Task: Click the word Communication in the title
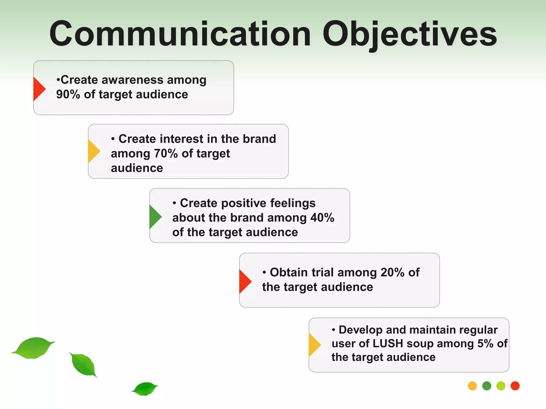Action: click(x=180, y=34)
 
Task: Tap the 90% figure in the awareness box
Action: click(x=68, y=95)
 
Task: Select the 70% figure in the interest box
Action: click(x=166, y=154)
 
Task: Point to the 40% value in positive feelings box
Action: click(x=322, y=218)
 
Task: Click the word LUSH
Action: click(x=388, y=343)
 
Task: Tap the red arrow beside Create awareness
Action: click(x=38, y=89)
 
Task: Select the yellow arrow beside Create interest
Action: click(x=93, y=151)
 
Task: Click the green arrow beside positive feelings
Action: click(x=155, y=217)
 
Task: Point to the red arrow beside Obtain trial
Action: click(x=244, y=281)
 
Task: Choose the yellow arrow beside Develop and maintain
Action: click(x=314, y=345)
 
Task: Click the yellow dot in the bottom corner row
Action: click(x=472, y=386)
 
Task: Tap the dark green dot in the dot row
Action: click(x=487, y=386)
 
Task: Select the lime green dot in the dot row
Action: click(x=501, y=386)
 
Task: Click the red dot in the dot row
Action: click(x=515, y=386)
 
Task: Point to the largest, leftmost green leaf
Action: click(x=33, y=347)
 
